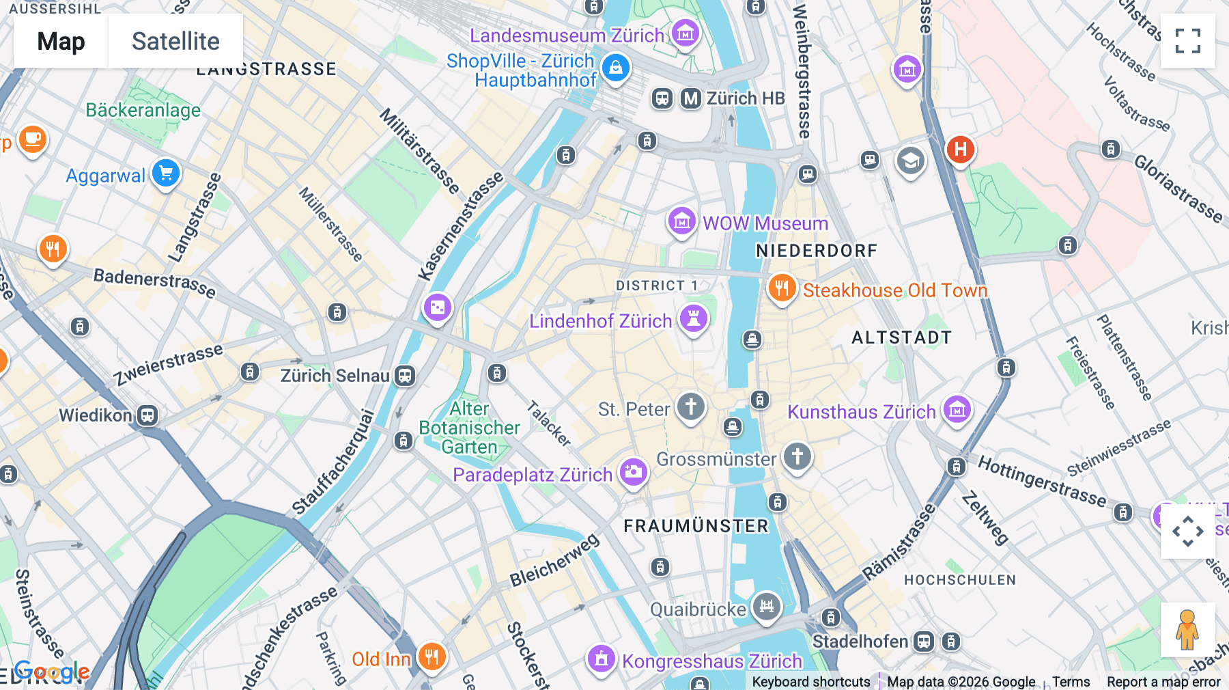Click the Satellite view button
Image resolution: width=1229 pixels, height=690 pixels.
tap(175, 41)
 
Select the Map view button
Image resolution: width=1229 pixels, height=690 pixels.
tap(61, 41)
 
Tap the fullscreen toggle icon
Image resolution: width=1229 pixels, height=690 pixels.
tap(1187, 41)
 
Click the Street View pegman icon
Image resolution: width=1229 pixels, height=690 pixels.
tap(1187, 629)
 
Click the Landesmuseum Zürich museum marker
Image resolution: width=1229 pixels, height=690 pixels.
tap(685, 32)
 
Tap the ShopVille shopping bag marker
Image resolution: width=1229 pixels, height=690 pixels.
tap(616, 68)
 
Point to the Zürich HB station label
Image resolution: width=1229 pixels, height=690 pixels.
tap(745, 98)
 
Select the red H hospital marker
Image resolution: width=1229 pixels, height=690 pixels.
tap(960, 149)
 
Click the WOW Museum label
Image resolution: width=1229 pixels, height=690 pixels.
tap(765, 223)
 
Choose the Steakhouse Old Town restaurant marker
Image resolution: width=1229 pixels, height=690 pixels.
tap(782, 288)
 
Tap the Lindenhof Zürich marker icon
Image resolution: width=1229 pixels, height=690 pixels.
tap(694, 318)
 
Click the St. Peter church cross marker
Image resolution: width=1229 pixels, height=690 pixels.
tap(690, 406)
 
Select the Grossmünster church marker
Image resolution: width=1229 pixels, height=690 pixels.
tap(797, 456)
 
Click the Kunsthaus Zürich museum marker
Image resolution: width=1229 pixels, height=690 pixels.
tap(957, 410)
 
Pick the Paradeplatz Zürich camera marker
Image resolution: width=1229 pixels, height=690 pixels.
tap(633, 472)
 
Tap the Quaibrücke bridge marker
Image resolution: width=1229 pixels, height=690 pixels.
tap(767, 606)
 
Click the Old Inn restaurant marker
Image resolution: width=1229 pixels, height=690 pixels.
tap(432, 657)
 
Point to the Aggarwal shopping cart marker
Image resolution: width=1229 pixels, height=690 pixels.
tap(166, 174)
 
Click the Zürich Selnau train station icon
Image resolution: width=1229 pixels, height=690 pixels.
tap(405, 376)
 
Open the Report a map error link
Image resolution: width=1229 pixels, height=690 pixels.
tap(1163, 682)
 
